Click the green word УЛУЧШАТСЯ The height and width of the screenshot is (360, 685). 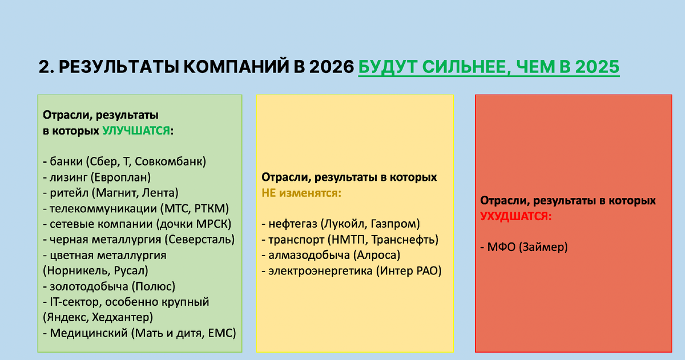pyautogui.click(x=136, y=131)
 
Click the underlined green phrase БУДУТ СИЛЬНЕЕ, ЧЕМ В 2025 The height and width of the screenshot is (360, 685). pyautogui.click(x=489, y=67)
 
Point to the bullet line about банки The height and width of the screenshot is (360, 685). pyautogui.click(x=124, y=161)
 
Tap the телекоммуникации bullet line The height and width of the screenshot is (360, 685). pyautogui.click(x=135, y=208)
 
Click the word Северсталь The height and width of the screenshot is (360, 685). pyautogui.click(x=199, y=240)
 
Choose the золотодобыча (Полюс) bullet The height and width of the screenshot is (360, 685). pyautogui.click(x=109, y=286)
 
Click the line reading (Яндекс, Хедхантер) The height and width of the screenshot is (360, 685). pyautogui.click(x=98, y=317)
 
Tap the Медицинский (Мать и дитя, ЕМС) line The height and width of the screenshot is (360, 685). pyautogui.click(x=139, y=333)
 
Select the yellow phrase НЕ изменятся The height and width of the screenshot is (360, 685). pyautogui.click(x=301, y=193)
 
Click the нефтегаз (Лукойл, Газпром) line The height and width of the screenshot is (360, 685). pyautogui.click(x=341, y=224)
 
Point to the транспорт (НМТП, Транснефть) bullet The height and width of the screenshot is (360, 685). pyautogui.click(x=349, y=240)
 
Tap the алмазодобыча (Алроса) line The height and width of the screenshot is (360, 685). pyautogui.click(x=331, y=255)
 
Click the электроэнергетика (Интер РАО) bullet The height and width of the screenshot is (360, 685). pyautogui.click(x=352, y=271)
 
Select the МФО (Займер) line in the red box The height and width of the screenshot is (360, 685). pyautogui.click(x=525, y=247)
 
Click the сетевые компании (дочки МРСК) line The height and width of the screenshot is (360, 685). pyautogui.click(x=136, y=224)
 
